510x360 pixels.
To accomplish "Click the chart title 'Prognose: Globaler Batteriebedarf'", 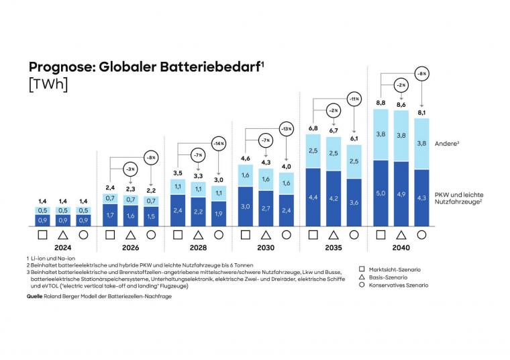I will tap(145, 67).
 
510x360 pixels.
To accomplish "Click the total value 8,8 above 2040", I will tap(380, 103).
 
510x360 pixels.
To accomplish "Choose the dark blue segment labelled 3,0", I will tap(245, 207).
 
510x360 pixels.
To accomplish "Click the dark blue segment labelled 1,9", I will tap(218, 214).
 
